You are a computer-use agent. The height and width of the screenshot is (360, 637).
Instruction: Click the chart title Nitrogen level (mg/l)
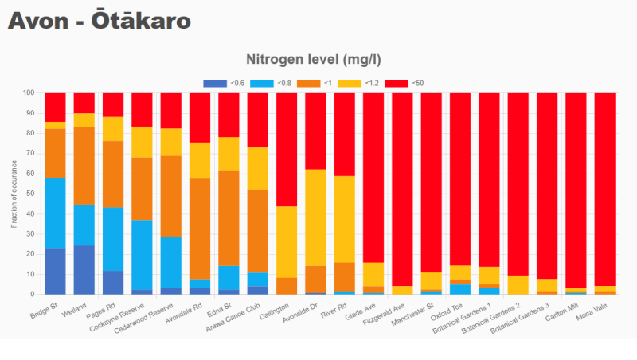point(318,60)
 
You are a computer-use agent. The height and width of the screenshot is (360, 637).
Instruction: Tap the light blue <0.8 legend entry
point(271,83)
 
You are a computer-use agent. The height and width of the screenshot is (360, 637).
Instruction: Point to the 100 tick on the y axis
point(29,93)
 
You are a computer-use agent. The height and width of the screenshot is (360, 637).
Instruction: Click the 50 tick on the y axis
point(30,194)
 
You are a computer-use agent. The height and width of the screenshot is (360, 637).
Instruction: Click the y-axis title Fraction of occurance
point(14,194)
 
